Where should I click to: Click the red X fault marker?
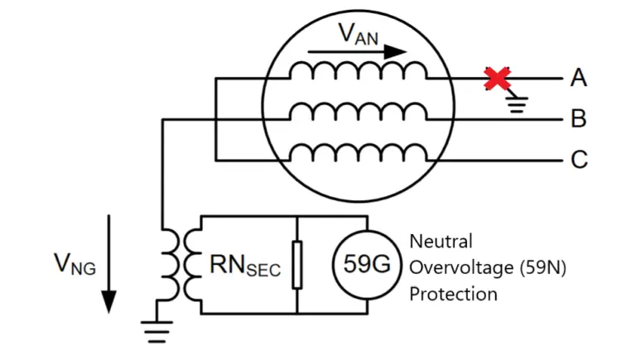coord(496,79)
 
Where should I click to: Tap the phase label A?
coord(578,79)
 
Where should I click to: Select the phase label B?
coord(578,119)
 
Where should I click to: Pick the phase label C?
coord(578,160)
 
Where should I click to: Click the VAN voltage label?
coord(359,34)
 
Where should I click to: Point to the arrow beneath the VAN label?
coord(359,52)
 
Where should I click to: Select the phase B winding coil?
coord(358,113)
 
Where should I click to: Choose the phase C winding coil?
coord(358,154)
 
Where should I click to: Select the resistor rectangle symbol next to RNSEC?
coord(296,264)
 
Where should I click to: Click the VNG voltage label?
coord(73,264)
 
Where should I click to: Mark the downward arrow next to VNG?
coord(108,265)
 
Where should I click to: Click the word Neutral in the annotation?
coord(441,241)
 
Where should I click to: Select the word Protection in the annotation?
coord(454,294)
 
